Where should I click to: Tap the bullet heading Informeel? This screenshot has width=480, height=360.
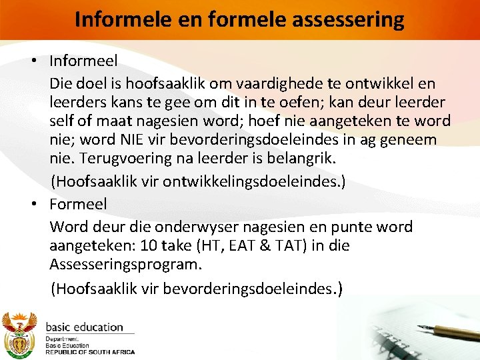click(x=83, y=61)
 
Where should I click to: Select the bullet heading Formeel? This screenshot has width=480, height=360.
click(x=78, y=203)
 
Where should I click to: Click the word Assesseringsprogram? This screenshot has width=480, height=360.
click(x=125, y=264)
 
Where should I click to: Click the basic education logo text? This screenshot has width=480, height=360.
click(x=84, y=327)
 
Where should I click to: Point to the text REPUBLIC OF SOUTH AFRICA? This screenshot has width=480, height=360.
click(x=89, y=352)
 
